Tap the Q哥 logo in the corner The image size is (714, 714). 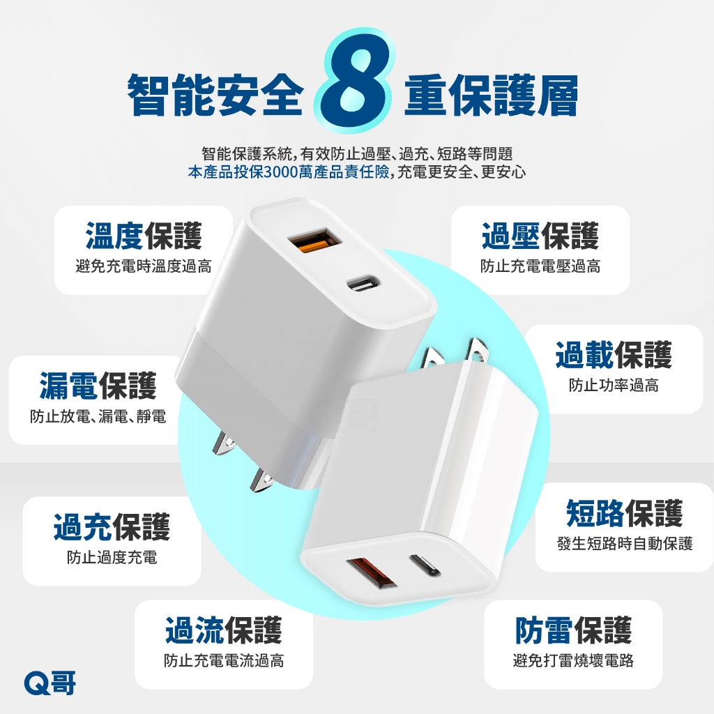point(50,683)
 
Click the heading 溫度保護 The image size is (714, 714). point(144,236)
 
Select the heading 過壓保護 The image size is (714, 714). point(540,236)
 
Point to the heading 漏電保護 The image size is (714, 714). point(98,386)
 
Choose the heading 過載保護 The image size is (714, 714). point(614,355)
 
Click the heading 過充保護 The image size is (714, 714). point(112,527)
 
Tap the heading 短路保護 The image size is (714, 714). point(624,513)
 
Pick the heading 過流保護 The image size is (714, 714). point(224,630)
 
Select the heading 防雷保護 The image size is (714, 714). point(573,630)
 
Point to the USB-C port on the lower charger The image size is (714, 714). point(425,565)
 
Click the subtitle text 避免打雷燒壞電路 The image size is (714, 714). point(573,660)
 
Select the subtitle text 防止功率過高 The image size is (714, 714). point(614,385)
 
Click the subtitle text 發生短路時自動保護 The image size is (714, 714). point(625,543)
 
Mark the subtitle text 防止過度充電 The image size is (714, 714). point(112,557)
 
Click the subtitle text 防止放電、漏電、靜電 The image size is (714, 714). point(98,416)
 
